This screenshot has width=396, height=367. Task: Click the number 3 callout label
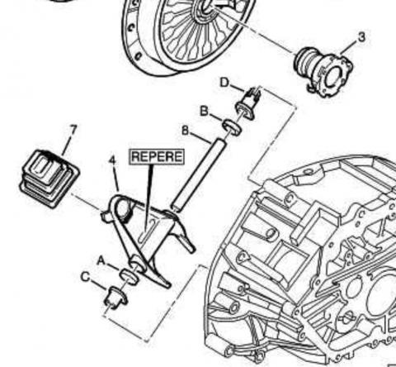coord(361,37)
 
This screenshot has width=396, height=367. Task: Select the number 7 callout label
coord(73,131)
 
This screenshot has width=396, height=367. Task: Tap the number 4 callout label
coord(112,160)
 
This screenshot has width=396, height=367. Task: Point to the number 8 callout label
coord(186,131)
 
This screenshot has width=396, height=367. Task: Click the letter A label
coord(101,260)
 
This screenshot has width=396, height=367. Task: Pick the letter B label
coord(204,112)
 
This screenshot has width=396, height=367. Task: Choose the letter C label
coord(86,277)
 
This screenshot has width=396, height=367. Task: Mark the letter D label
coord(224,83)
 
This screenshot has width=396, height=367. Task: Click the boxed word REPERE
coord(157,156)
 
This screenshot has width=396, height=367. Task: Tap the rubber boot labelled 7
coord(49,179)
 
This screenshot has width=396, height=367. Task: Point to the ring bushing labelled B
coord(232,127)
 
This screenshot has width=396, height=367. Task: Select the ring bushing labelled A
coord(129,276)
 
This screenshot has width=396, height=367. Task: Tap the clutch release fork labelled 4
coord(148,237)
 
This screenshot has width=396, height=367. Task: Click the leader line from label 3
coord(349,47)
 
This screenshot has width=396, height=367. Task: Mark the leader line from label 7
coord(67,145)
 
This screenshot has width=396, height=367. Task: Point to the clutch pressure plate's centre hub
coord(205,10)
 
